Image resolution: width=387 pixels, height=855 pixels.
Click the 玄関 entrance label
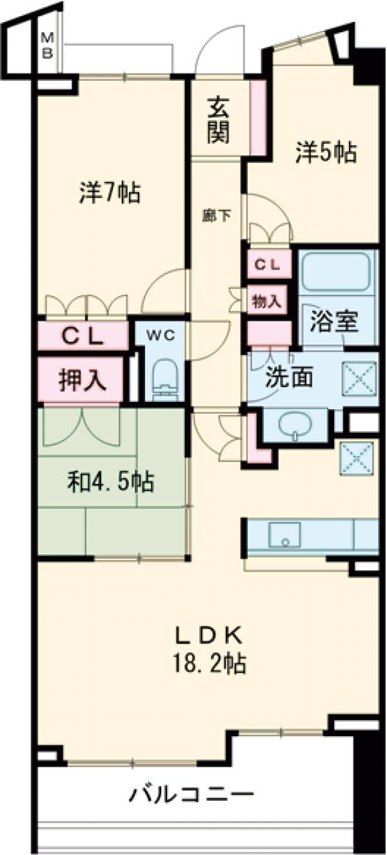[219, 120]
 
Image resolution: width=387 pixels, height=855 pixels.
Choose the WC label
[159, 336]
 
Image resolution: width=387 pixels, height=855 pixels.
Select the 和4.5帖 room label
[111, 481]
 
